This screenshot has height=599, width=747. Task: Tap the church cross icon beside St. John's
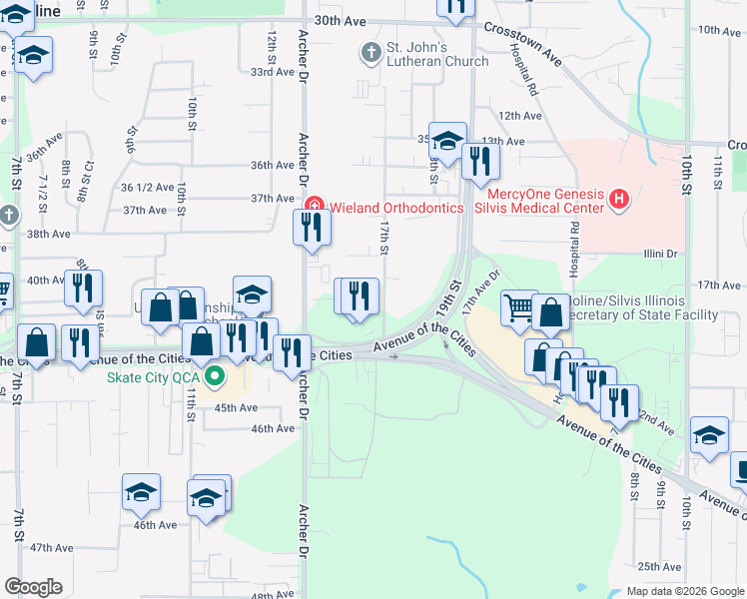pos(372,51)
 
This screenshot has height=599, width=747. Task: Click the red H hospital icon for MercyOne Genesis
pos(619,200)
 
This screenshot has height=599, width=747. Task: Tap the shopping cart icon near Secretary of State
pos(519,308)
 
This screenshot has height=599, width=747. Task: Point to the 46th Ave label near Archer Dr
pos(273,428)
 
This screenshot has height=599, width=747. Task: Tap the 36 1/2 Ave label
pos(146,187)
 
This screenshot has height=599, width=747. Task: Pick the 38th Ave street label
pos(48,234)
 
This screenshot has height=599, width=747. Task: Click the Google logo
pos(33,587)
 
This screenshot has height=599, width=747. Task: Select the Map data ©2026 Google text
pos(684,591)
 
